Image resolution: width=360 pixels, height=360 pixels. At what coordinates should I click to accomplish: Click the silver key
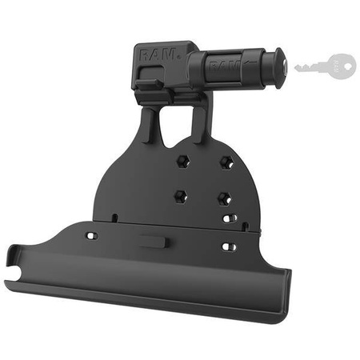click(x=325, y=65)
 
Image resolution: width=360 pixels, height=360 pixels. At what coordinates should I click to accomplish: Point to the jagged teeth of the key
click(x=308, y=70)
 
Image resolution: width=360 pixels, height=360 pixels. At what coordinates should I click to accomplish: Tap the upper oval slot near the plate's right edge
click(x=230, y=218)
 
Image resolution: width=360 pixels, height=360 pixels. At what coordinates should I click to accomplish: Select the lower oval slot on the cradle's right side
click(x=229, y=247)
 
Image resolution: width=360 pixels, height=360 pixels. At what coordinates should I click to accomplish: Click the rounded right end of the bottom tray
click(x=284, y=296)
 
